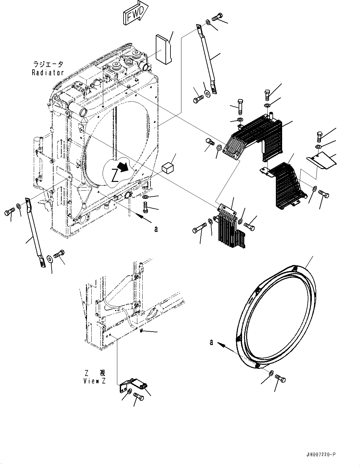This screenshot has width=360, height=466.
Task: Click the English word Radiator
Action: (x=48, y=73)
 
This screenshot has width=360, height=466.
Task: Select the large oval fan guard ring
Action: (x=276, y=316)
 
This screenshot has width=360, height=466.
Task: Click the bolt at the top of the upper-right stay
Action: (x=217, y=18)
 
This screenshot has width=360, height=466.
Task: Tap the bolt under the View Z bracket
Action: (x=138, y=396)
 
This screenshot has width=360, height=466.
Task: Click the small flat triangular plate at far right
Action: (x=321, y=160)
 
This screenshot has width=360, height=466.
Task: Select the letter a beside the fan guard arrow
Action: (x=211, y=343)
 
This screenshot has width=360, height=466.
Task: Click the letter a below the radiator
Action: (x=156, y=229)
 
